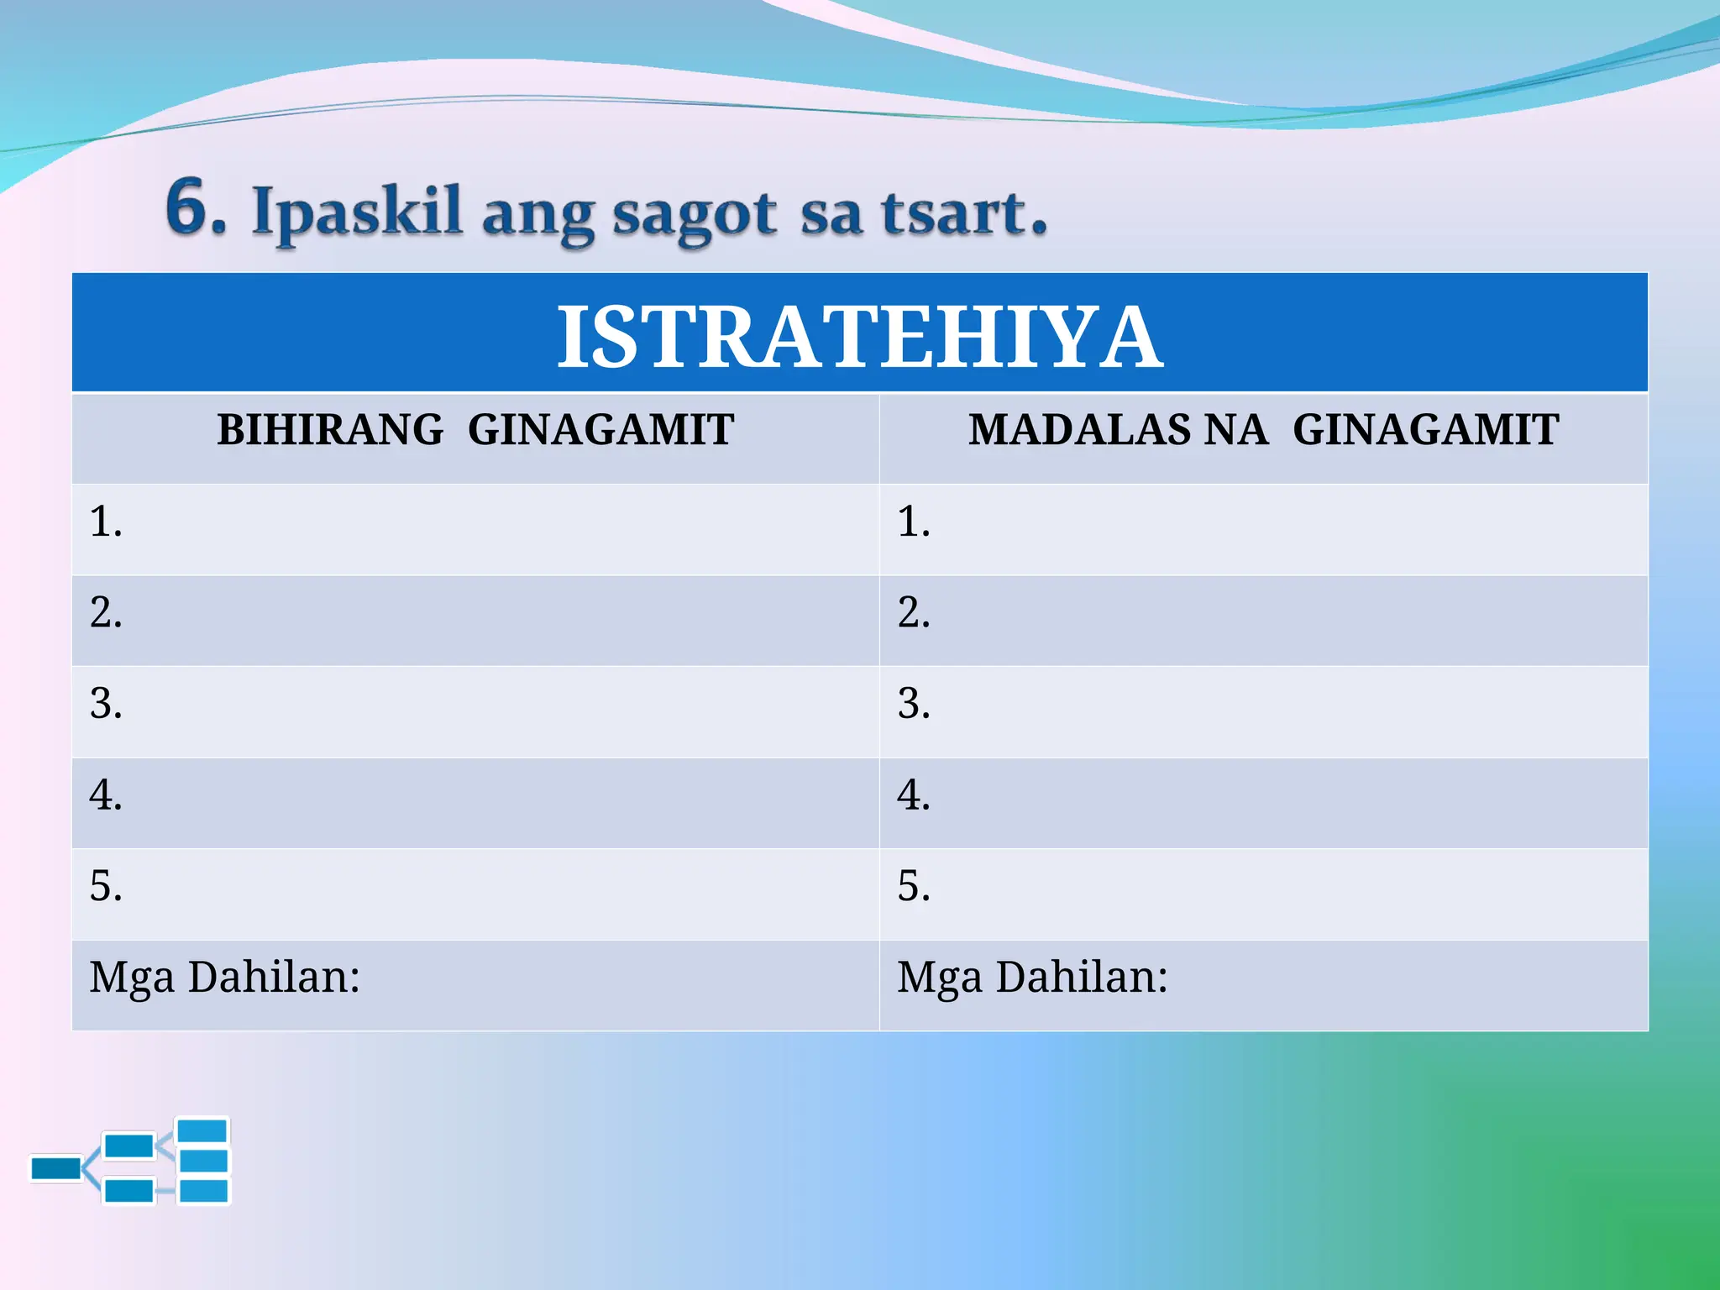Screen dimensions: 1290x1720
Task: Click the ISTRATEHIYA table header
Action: click(x=859, y=336)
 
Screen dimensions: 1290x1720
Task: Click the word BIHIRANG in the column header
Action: click(x=330, y=429)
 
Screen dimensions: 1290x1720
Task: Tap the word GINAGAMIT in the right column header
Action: click(x=1425, y=429)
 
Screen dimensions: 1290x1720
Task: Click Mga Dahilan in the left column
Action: click(x=224, y=978)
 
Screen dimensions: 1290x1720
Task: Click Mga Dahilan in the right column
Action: click(x=1031, y=978)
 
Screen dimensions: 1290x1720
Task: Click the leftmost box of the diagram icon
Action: click(x=55, y=1168)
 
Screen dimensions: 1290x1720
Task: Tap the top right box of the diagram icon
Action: click(x=202, y=1130)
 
